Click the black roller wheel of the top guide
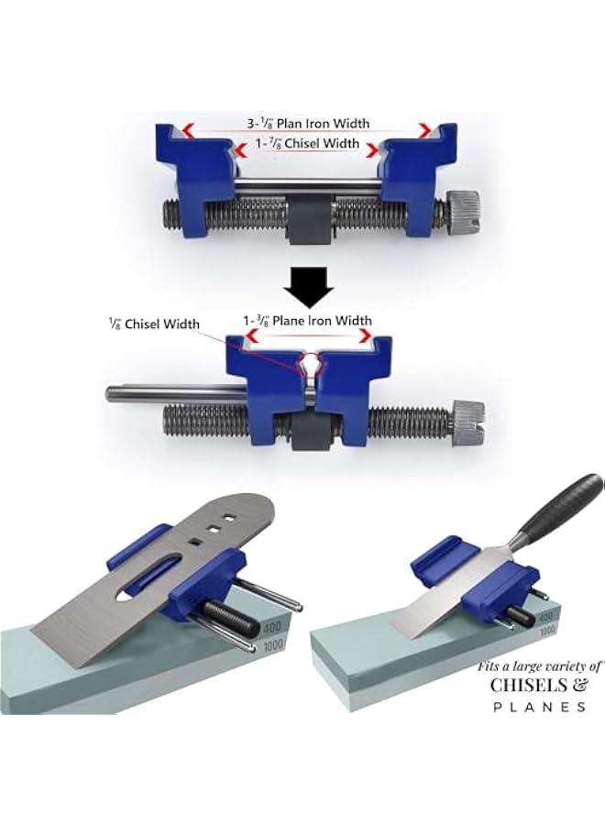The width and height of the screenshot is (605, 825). [x=308, y=224]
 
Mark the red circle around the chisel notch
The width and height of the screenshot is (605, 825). [x=311, y=365]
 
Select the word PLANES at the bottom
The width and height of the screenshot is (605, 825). [x=538, y=707]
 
